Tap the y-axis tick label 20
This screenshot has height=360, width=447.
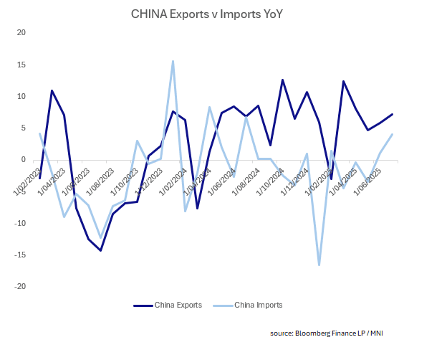pyautogui.click(x=21, y=33)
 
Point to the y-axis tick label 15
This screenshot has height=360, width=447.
pyautogui.click(x=21, y=65)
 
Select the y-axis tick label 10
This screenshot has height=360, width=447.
pyautogui.click(x=21, y=96)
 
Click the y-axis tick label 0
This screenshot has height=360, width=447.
pyautogui.click(x=23, y=160)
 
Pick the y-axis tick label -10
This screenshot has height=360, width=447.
pyautogui.click(x=19, y=223)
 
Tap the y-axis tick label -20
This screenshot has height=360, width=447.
pyautogui.click(x=19, y=286)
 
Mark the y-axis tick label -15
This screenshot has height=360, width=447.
pyautogui.click(x=19, y=255)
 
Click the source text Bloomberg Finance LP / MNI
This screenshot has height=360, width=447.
pyautogui.click(x=332, y=332)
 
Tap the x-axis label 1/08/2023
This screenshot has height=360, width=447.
pyautogui.click(x=102, y=179)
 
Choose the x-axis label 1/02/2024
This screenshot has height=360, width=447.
pyautogui.click(x=175, y=179)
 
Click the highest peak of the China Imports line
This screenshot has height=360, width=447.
pyautogui.click(x=173, y=61)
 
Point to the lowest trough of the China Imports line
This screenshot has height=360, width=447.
pyautogui.click(x=319, y=265)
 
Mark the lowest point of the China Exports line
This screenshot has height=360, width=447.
pyautogui.click(x=100, y=250)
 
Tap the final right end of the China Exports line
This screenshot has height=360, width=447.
pyautogui.click(x=393, y=114)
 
